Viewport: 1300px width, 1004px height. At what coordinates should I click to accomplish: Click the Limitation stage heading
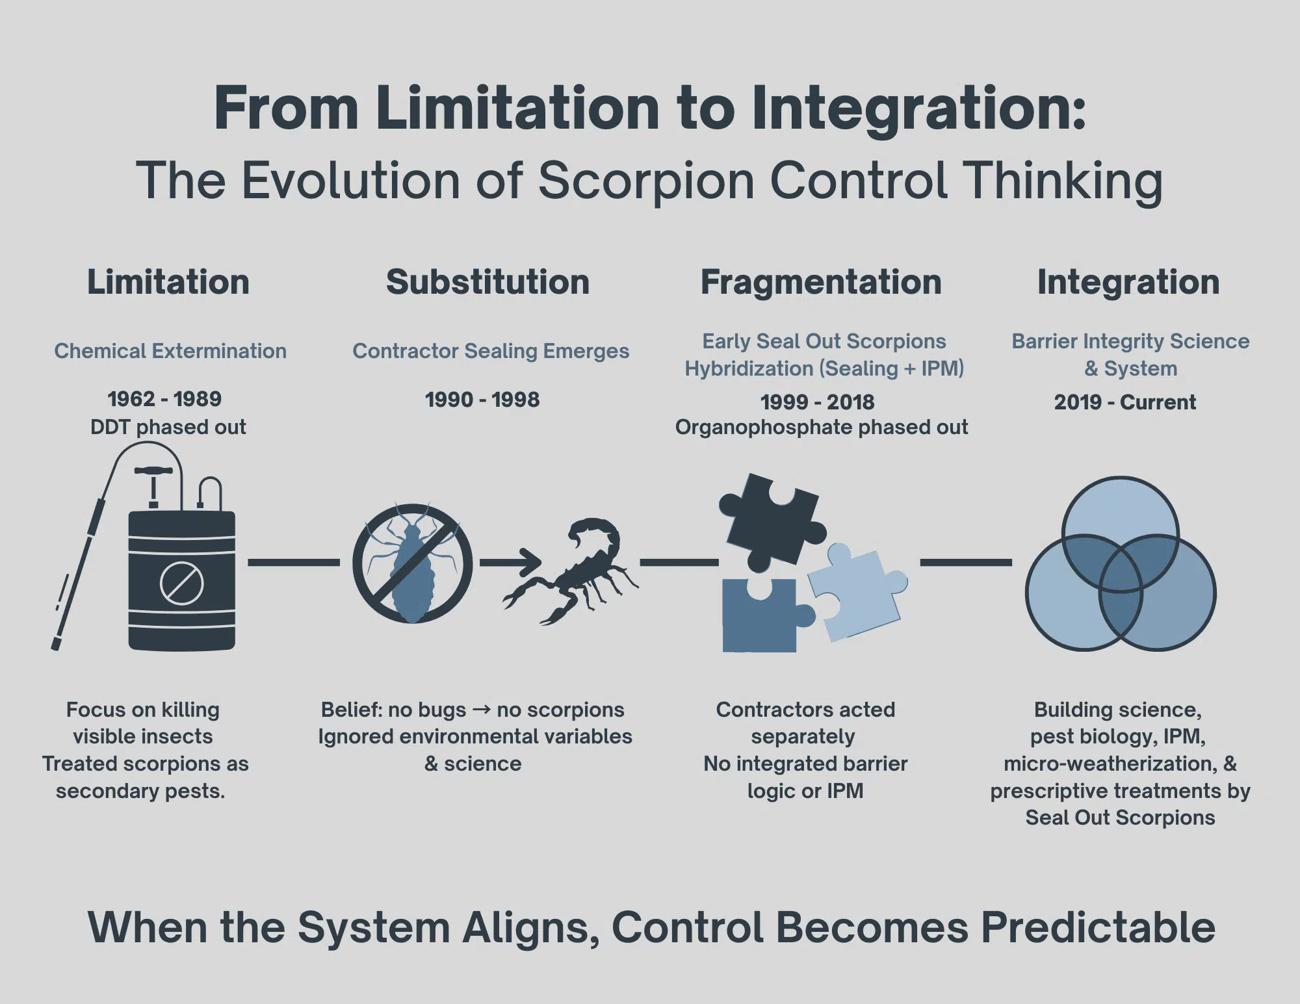(x=168, y=283)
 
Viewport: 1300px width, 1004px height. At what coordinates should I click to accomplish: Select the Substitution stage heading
(x=487, y=283)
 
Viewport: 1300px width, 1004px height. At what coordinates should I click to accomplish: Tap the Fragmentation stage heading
(x=821, y=283)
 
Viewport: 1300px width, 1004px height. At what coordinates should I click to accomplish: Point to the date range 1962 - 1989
(x=164, y=399)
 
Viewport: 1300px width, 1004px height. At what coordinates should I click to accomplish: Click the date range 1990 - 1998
(x=482, y=400)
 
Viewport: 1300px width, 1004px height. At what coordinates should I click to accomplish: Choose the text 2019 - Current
(x=1125, y=402)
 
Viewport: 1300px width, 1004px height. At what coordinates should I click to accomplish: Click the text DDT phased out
(x=168, y=427)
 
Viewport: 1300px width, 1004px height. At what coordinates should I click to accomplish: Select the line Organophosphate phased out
(x=822, y=427)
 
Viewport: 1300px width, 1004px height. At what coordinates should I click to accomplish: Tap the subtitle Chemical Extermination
(x=170, y=351)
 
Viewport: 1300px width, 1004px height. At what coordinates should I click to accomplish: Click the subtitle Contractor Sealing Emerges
(x=491, y=351)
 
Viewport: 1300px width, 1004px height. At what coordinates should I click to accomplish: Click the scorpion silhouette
(x=578, y=572)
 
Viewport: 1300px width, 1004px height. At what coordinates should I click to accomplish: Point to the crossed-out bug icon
(x=412, y=563)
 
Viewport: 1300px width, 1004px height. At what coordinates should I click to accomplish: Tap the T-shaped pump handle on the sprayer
(x=153, y=472)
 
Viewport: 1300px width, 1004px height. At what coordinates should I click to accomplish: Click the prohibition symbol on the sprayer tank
(x=181, y=584)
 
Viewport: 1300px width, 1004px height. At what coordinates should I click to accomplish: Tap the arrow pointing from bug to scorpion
(x=510, y=562)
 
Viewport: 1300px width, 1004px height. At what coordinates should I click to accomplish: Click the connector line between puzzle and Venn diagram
(x=966, y=562)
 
